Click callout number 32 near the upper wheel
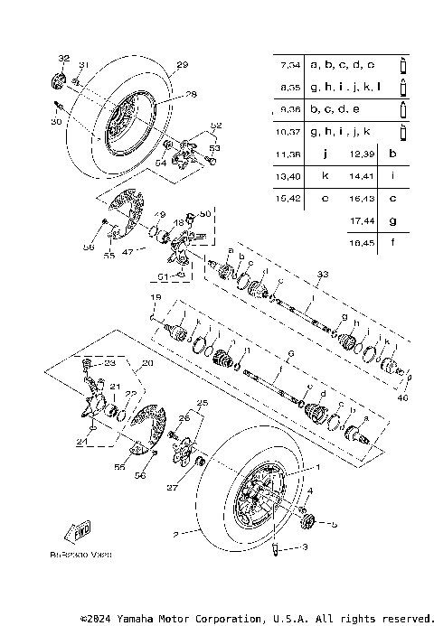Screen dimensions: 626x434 62,59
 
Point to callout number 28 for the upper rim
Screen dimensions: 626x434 191,94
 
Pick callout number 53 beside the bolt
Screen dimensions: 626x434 215,146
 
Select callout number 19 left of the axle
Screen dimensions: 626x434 156,298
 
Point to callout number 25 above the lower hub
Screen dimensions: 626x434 203,402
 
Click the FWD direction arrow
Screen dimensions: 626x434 80,528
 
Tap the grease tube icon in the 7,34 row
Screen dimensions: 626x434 403,65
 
